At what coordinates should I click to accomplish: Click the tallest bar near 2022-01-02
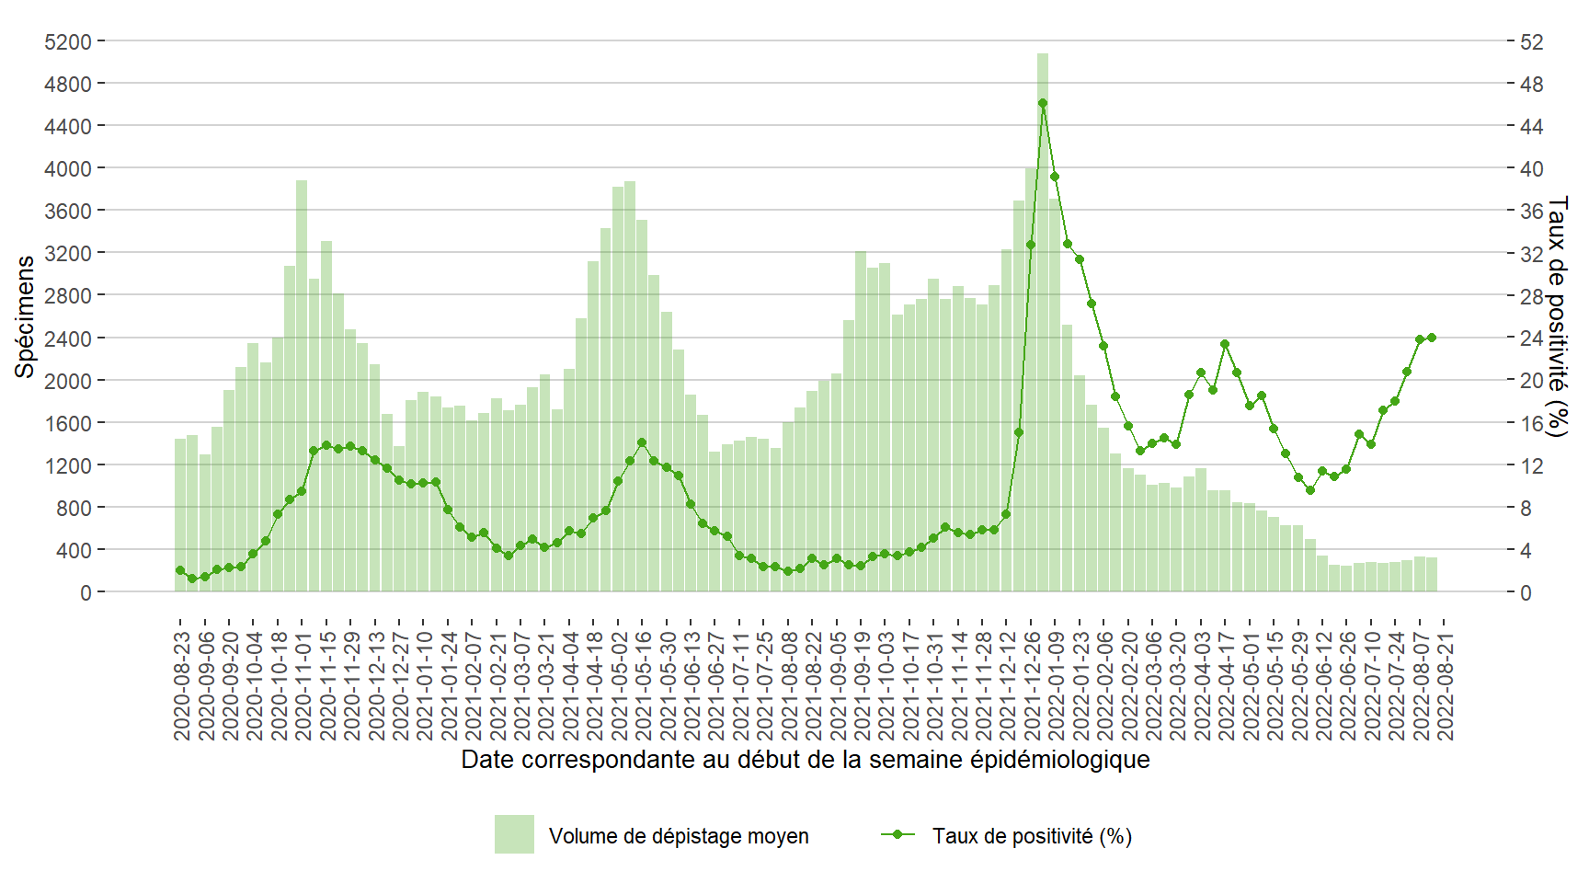pyautogui.click(x=1042, y=322)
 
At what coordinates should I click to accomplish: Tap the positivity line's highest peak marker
pyautogui.click(x=1042, y=103)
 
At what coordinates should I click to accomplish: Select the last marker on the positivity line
pyautogui.click(x=1432, y=338)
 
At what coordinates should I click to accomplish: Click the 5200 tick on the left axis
pyautogui.click(x=68, y=41)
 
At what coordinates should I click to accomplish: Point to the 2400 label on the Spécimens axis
pyautogui.click(x=68, y=338)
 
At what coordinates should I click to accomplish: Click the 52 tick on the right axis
pyautogui.click(x=1531, y=41)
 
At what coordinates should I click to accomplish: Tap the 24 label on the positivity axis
pyautogui.click(x=1531, y=338)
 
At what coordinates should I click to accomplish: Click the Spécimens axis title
pyautogui.click(x=25, y=316)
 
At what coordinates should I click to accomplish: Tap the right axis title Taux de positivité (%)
pyautogui.click(x=1557, y=316)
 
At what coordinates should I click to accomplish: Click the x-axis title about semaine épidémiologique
pyautogui.click(x=805, y=760)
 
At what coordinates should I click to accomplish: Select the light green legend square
pyautogui.click(x=514, y=834)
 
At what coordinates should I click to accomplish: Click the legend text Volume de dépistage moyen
pyautogui.click(x=679, y=836)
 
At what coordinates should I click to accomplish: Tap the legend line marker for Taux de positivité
pyautogui.click(x=897, y=834)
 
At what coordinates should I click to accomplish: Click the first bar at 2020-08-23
pyautogui.click(x=180, y=515)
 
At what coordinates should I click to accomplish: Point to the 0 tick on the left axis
pyautogui.click(x=86, y=593)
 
